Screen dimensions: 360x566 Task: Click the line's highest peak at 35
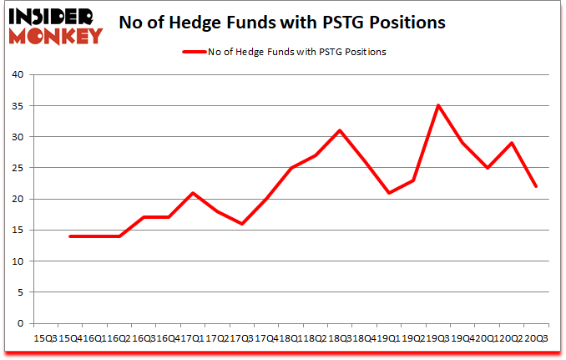438,105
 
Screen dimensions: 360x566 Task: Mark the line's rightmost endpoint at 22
535,186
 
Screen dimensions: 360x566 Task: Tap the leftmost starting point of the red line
70,236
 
